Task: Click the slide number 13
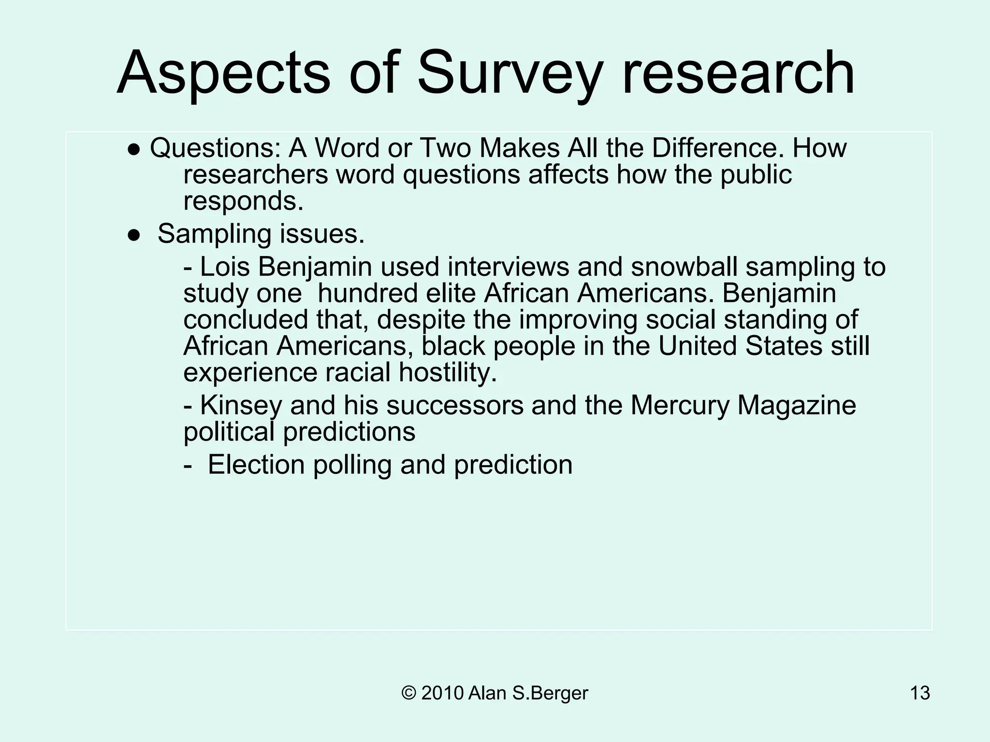coord(919,693)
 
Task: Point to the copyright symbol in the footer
coord(408,693)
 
